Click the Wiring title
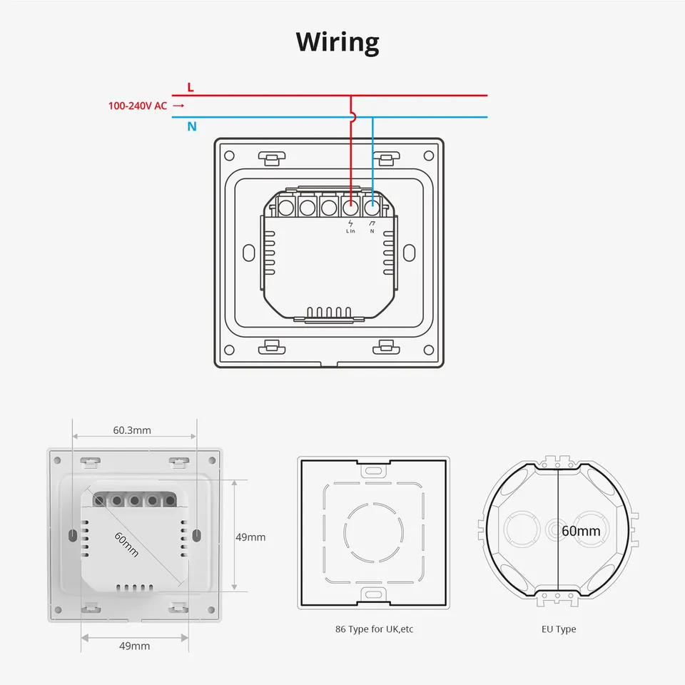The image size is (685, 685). click(x=338, y=42)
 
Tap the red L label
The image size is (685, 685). click(x=190, y=87)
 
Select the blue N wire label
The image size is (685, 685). click(x=192, y=127)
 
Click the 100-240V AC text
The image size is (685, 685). click(x=138, y=106)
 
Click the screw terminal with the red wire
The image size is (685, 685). click(x=350, y=208)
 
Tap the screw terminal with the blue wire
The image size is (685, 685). click(x=372, y=208)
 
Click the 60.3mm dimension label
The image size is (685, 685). click(x=132, y=430)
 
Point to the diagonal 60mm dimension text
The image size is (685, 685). click(x=127, y=544)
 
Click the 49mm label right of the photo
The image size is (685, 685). click(x=250, y=537)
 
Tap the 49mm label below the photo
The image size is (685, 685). click(x=135, y=646)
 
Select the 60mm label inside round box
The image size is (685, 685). click(x=581, y=531)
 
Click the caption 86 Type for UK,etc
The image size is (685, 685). click(x=374, y=629)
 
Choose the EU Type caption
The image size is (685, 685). click(x=559, y=629)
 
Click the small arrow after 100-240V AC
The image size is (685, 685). click(x=178, y=106)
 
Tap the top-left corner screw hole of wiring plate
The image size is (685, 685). click(x=229, y=155)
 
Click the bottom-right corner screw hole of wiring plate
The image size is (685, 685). click(x=428, y=349)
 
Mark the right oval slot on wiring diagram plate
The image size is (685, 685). click(x=409, y=253)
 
